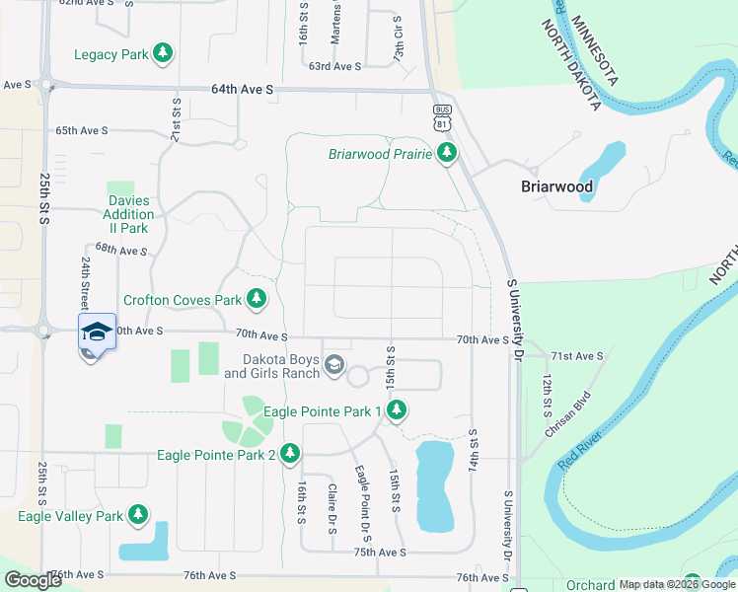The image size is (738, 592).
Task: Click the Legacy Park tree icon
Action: tap(164, 54)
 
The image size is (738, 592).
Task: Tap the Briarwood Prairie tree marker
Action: tap(448, 153)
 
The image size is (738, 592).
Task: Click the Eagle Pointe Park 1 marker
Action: tap(397, 410)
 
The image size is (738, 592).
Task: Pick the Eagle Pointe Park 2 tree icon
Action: tap(289, 454)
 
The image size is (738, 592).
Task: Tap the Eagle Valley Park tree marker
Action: tap(138, 515)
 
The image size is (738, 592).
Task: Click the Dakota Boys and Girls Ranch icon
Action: tap(334, 366)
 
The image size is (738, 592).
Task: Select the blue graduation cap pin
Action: tap(95, 333)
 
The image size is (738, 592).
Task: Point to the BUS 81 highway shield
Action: tap(442, 116)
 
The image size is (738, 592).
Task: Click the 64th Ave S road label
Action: tap(242, 89)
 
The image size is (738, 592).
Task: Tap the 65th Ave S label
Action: tap(81, 130)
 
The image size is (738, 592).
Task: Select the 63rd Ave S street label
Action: tap(335, 66)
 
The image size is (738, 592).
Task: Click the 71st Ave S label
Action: tap(576, 355)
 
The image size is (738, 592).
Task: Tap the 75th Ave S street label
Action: tap(381, 553)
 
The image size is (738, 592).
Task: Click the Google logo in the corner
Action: tap(33, 580)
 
